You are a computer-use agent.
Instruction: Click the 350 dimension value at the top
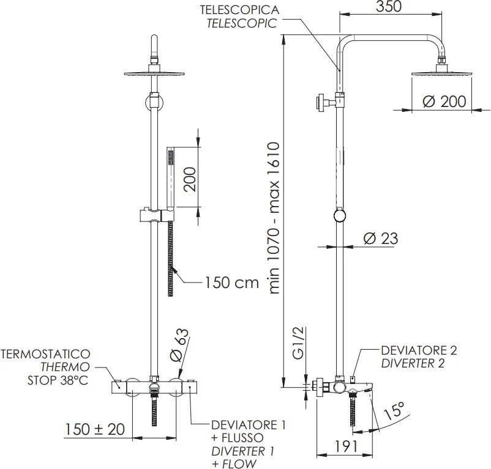[x=388, y=6]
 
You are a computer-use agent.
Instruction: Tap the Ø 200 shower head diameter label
[x=444, y=102]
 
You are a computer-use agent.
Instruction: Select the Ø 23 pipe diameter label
[x=381, y=238]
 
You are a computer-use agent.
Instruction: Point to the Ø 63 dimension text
[x=180, y=345]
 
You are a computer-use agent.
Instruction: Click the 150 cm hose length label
[x=232, y=283]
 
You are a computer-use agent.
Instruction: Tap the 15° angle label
[x=394, y=410]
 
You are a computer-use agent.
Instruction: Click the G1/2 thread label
[x=299, y=343]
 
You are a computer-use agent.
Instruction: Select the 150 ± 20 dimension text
[x=95, y=429]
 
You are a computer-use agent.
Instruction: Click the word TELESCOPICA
[x=240, y=10]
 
